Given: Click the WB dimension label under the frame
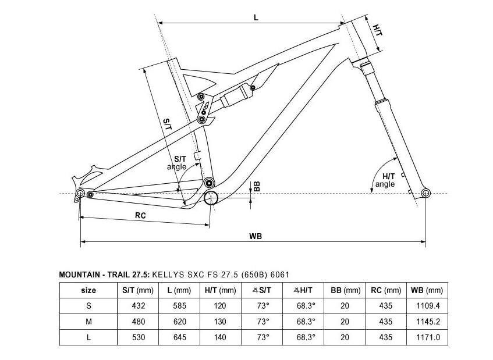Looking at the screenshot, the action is tap(256, 236).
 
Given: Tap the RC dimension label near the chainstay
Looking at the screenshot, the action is tap(140, 216).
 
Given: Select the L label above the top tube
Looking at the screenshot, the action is tap(256, 17).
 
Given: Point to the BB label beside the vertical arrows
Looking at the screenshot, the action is tap(257, 187).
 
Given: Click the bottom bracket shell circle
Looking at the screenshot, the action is tap(211, 198).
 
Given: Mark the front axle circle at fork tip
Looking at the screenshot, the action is tap(425, 193).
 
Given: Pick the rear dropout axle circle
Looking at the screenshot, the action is tap(80, 193).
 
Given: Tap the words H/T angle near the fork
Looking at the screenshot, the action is tap(385, 180).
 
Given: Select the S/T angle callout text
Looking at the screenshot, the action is tap(177, 163).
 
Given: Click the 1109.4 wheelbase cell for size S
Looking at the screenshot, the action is tap(428, 306).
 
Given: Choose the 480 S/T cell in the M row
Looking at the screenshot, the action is tap(139, 322).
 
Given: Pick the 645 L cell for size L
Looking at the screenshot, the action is tap(179, 337).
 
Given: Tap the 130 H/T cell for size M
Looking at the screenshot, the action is tap(220, 322).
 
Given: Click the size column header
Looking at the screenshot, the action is tap(88, 290).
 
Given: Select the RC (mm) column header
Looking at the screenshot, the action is tap(386, 290).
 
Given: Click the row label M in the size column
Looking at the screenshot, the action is tap(88, 322).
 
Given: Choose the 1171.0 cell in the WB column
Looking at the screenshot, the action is tap(428, 337).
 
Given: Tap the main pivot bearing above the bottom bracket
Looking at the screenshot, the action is tap(209, 183).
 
